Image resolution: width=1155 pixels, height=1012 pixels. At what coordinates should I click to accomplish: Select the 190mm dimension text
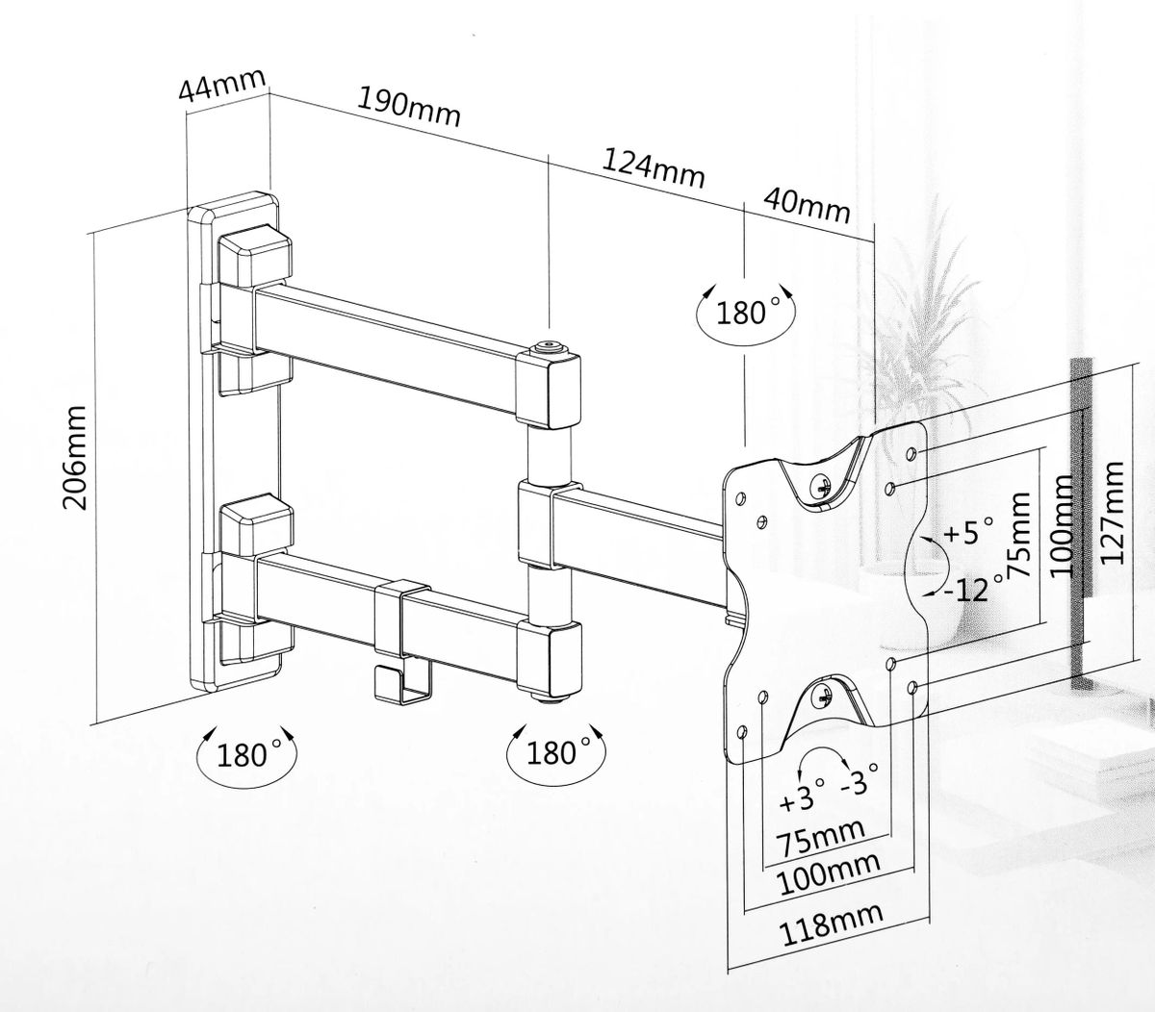[x=409, y=108]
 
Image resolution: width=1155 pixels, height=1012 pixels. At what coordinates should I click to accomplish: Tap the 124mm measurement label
[x=654, y=169]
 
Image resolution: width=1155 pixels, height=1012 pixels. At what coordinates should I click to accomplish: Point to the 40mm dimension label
[x=807, y=206]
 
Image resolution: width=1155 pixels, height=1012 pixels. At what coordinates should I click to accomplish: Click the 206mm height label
[x=75, y=458]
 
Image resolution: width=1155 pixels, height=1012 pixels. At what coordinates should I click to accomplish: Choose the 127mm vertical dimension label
[x=1112, y=513]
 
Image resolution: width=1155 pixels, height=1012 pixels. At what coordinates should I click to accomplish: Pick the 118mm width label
[x=832, y=924]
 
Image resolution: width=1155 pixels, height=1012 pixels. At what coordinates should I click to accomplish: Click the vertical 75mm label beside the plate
[x=1018, y=536]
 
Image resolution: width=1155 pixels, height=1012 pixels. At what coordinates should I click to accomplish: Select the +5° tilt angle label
[x=968, y=531]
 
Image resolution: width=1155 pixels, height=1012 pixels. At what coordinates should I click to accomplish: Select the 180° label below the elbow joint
[x=558, y=752]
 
